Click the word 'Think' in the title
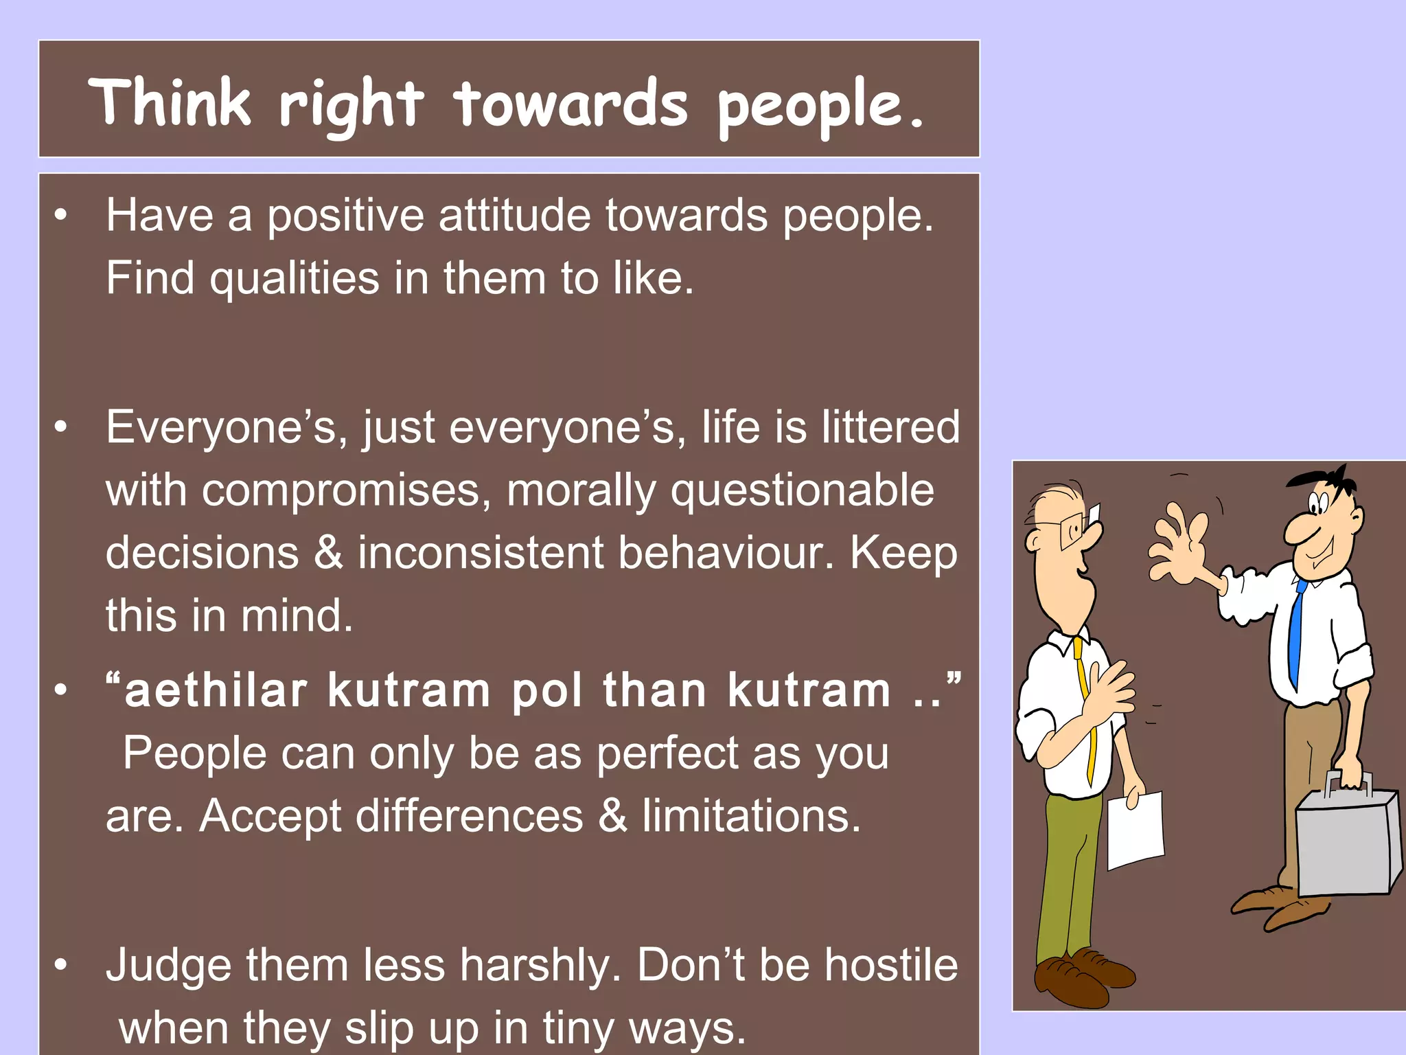(170, 102)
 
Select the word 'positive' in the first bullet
(346, 216)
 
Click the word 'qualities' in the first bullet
(295, 279)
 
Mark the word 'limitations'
(751, 817)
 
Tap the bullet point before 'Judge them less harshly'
(62, 965)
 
